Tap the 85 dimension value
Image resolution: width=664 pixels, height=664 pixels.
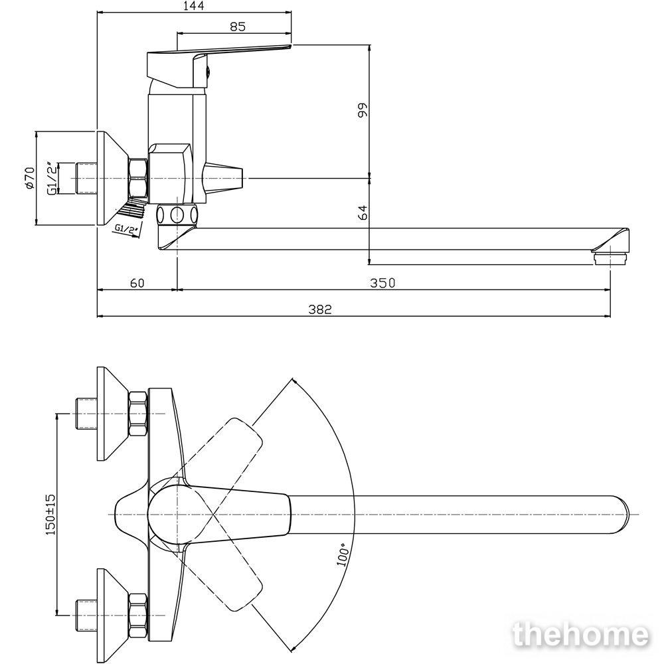(x=238, y=27)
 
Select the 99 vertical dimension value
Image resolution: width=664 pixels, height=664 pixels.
(x=363, y=110)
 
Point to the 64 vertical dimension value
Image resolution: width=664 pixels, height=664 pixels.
(x=363, y=212)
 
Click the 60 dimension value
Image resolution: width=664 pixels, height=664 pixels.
(x=137, y=282)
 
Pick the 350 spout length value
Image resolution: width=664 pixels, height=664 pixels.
(x=382, y=282)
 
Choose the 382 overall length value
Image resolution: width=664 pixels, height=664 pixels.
(x=320, y=309)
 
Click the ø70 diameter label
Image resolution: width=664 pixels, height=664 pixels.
(x=29, y=178)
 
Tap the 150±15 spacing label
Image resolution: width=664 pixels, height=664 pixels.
(x=50, y=514)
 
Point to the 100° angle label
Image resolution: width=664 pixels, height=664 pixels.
(x=343, y=554)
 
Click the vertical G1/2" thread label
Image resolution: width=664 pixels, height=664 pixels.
(x=51, y=178)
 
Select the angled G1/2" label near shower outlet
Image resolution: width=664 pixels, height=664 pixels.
(x=127, y=230)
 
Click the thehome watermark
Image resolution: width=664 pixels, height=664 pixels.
(x=580, y=635)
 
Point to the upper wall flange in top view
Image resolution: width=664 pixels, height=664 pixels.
(x=113, y=413)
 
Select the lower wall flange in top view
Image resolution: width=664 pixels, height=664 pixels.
(x=113, y=616)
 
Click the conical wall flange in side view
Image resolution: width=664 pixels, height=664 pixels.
(x=113, y=178)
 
